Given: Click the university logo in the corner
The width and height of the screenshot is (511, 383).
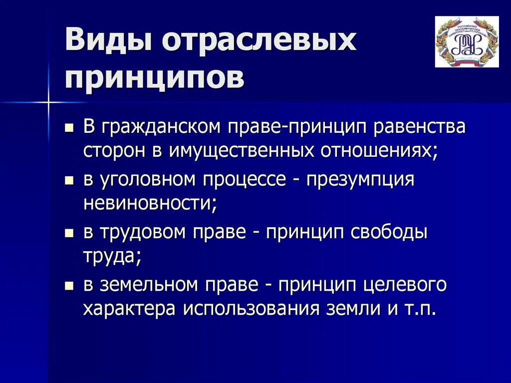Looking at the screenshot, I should click(467, 42).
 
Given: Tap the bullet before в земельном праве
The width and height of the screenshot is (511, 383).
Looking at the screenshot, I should click(69, 286).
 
